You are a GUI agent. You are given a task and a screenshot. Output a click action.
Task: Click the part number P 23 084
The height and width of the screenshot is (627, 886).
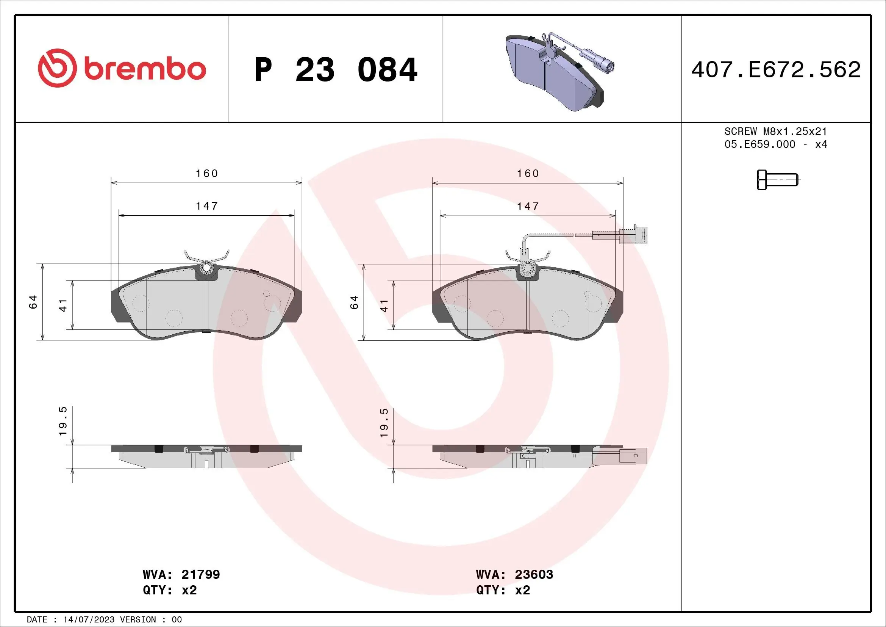pyautogui.click(x=335, y=70)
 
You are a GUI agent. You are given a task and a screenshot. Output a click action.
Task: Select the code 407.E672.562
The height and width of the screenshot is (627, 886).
pyautogui.click(x=776, y=70)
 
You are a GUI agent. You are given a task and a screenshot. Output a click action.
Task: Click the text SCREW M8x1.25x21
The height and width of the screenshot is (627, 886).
pyautogui.click(x=776, y=131)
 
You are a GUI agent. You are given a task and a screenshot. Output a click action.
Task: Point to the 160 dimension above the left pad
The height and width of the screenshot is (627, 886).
pyautogui.click(x=207, y=173)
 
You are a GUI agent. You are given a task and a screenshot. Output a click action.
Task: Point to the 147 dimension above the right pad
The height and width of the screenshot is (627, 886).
pyautogui.click(x=528, y=206)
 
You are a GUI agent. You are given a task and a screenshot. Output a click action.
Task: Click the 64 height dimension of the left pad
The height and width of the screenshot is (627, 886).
pyautogui.click(x=33, y=302)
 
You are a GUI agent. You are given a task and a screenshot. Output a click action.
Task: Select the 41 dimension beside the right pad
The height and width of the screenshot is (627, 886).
pyautogui.click(x=384, y=306)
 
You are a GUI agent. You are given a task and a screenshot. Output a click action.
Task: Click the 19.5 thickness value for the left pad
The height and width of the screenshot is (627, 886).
pyautogui.click(x=63, y=421)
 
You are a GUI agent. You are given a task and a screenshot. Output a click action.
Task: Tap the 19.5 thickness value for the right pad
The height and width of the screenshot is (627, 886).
pyautogui.click(x=384, y=423)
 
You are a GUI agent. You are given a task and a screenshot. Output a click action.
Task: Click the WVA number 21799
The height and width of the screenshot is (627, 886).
pyautogui.click(x=200, y=574)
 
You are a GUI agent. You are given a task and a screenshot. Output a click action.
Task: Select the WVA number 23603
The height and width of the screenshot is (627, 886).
pyautogui.click(x=534, y=574)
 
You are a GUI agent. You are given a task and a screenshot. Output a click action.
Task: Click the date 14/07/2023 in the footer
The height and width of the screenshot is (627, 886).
pyautogui.click(x=89, y=620)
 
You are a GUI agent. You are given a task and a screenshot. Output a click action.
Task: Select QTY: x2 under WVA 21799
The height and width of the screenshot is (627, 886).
pyautogui.click(x=170, y=590)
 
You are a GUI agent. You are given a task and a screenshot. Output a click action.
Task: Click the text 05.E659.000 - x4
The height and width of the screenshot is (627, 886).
pyautogui.click(x=776, y=144)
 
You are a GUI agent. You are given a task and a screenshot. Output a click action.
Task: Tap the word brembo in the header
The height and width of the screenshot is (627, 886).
pyautogui.click(x=145, y=69)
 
